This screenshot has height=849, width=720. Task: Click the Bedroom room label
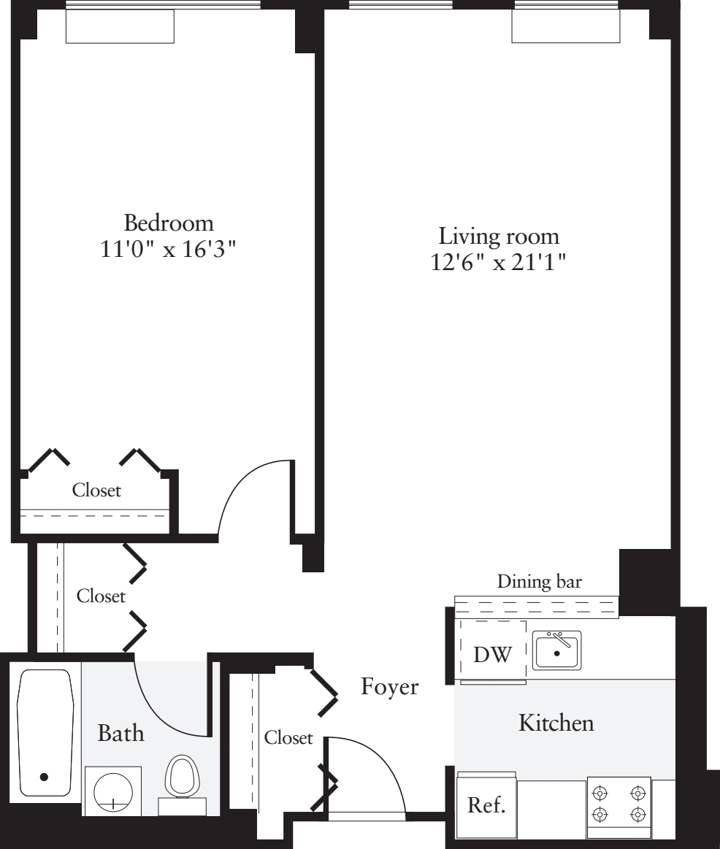[169, 222]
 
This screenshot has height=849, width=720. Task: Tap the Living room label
[499, 237]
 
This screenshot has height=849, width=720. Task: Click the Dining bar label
[539, 582]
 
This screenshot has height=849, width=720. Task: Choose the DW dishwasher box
[492, 653]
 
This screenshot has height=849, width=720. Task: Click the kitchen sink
[556, 651]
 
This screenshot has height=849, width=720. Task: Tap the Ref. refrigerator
[486, 806]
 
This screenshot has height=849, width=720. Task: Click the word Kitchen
[556, 723]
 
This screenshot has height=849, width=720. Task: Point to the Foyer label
[390, 687]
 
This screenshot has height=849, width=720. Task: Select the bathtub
[45, 732]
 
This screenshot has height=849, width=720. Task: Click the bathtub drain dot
[45, 777]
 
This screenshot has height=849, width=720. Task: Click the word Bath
[121, 733]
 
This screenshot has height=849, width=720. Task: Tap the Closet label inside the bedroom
[96, 491]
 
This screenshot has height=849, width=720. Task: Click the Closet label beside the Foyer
[288, 738]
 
